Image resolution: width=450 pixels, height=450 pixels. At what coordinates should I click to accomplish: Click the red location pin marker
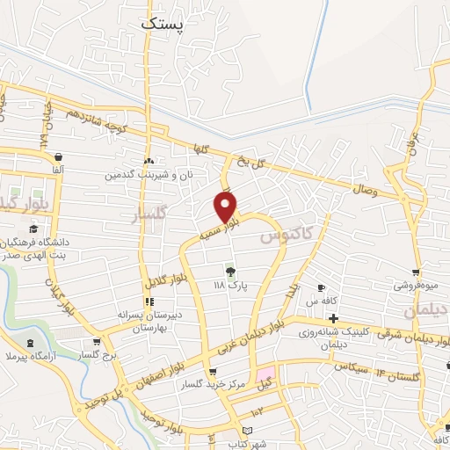[226, 207]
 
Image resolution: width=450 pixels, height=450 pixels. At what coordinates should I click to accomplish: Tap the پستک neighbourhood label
[163, 25]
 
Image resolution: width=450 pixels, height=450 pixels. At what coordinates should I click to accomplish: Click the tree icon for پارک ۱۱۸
[230, 271]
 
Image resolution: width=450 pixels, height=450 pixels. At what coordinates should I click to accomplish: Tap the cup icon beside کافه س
[321, 287]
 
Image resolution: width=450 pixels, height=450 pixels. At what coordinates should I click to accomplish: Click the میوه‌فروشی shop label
[415, 286]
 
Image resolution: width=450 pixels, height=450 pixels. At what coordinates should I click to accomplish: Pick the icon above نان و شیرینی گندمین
[149, 162]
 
